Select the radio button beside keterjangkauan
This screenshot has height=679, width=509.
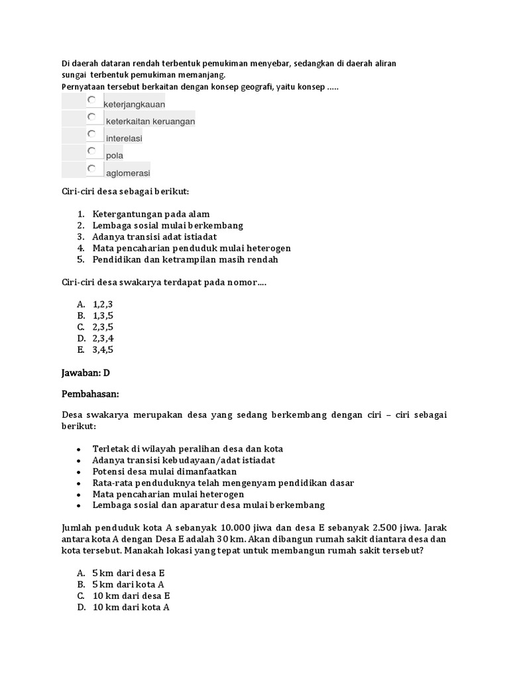tap(91, 99)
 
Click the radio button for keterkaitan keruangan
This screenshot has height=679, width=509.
tap(91, 117)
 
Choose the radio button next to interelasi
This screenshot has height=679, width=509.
tap(91, 134)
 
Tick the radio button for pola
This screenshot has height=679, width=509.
tap(91, 151)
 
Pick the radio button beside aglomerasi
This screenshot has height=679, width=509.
tap(91, 168)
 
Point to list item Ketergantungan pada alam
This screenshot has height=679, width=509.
tap(151, 214)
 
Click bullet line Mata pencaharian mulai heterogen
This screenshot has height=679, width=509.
tap(168, 494)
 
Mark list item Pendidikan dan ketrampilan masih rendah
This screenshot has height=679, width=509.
tap(185, 259)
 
